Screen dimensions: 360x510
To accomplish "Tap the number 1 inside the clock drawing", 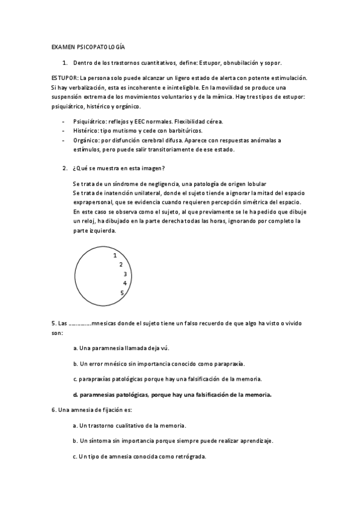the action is [x=115, y=255].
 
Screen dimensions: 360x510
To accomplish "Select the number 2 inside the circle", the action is [x=121, y=264].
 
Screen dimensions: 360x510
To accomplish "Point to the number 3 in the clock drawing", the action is [x=124, y=274].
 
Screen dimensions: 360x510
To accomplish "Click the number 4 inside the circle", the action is [x=124, y=283].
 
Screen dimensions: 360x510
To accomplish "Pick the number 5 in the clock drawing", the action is [x=122, y=293].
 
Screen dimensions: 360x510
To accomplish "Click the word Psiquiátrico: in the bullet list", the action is [x=90, y=121].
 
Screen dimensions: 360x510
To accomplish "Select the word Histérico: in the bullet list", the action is [x=86, y=131].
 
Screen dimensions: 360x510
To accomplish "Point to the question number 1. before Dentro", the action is [x=65, y=62].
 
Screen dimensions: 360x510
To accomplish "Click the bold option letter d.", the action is [x=75, y=395].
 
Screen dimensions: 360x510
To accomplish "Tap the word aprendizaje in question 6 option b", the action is [x=255, y=441].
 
